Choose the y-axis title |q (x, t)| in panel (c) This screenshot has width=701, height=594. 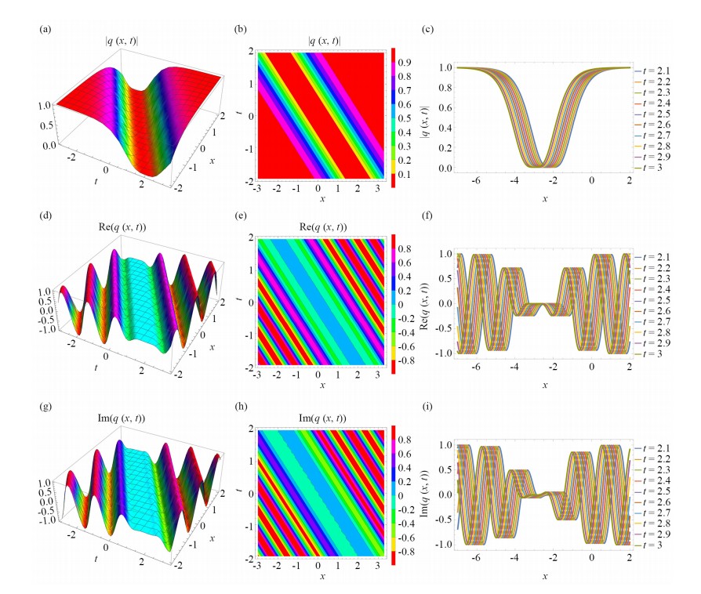click(427, 118)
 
